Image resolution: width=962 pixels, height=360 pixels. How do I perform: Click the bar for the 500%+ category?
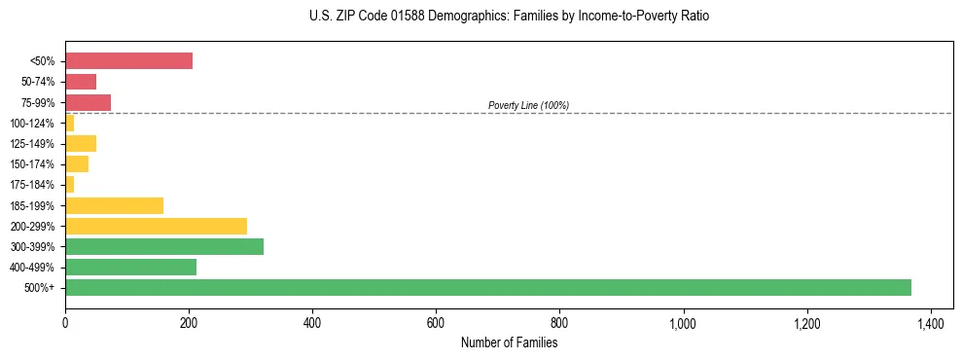point(487,287)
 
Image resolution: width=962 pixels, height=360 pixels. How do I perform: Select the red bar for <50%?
point(128,61)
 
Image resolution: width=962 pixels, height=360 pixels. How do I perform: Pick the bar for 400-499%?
point(130,267)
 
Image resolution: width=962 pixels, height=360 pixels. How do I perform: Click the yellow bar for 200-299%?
point(156,226)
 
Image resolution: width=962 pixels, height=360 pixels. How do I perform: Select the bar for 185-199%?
point(114,205)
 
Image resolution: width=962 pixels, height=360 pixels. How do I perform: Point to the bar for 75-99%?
point(88,102)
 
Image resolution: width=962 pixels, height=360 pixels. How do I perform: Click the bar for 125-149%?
point(81,143)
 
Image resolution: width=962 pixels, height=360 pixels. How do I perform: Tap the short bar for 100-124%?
point(69,123)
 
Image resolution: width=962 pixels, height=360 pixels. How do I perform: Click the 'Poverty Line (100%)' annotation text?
point(528,105)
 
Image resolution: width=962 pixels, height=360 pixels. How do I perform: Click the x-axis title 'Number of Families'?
point(509,342)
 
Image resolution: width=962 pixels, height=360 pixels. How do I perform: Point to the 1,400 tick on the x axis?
point(930,322)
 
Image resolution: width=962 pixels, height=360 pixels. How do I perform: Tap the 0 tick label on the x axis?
point(65,322)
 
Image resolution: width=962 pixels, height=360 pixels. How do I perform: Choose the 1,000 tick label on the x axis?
point(683,322)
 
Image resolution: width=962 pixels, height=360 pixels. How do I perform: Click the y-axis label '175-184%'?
point(32,185)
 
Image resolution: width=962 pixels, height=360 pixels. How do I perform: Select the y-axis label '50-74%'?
point(38,82)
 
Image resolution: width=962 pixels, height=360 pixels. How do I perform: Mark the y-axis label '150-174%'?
point(32,164)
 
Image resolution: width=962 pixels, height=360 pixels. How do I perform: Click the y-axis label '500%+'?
point(41,288)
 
